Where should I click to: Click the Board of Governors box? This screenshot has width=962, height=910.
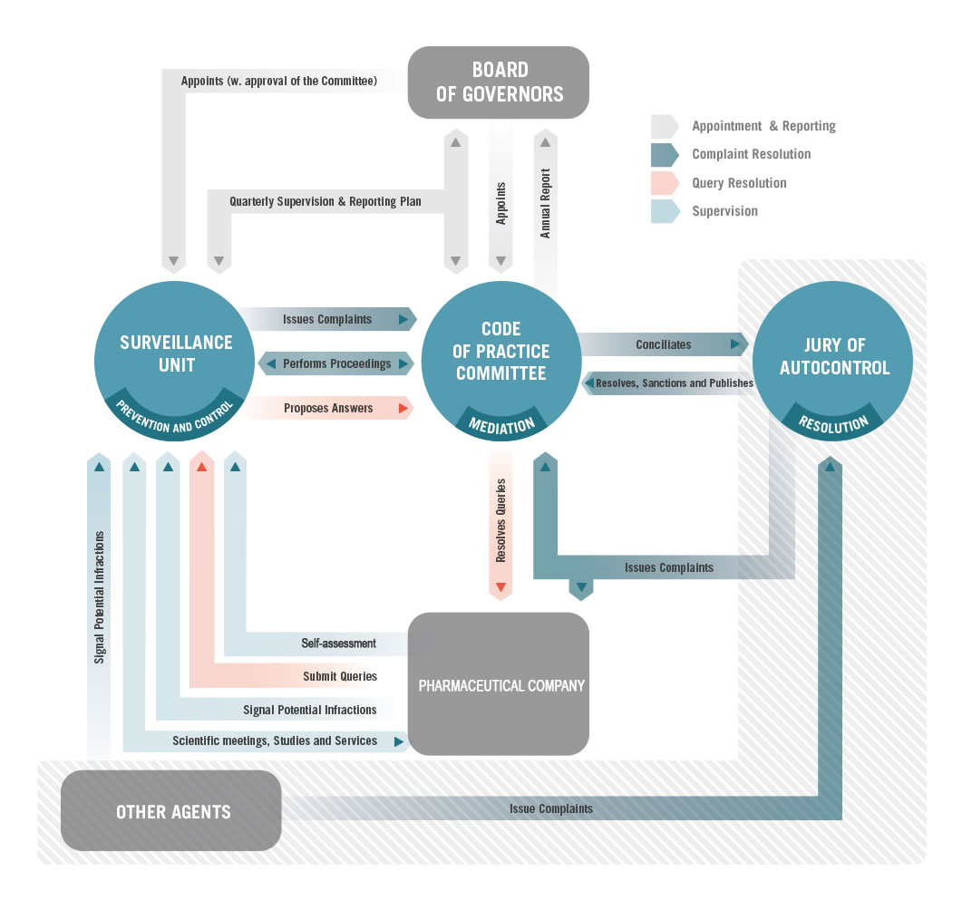pyautogui.click(x=498, y=82)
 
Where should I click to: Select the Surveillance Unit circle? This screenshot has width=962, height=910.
pyautogui.click(x=174, y=361)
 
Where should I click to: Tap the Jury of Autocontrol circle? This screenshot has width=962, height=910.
pyautogui.click(x=832, y=361)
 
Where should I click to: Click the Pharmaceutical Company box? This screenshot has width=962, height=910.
pyautogui.click(x=498, y=683)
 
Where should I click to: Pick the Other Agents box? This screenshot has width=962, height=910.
pyautogui.click(x=171, y=810)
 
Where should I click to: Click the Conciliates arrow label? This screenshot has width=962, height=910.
pyautogui.click(x=663, y=344)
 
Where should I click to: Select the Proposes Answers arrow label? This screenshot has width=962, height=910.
pyautogui.click(x=328, y=409)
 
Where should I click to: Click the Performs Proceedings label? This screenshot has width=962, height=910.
pyautogui.click(x=336, y=363)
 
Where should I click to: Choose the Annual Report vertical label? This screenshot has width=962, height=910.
pyautogui.click(x=545, y=204)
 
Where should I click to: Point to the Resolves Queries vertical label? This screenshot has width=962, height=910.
pyautogui.click(x=500, y=520)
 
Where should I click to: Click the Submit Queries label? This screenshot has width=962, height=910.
pyautogui.click(x=340, y=676)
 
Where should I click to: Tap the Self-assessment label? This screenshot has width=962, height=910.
pyautogui.click(x=339, y=644)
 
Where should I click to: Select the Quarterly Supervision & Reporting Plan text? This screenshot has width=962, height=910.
pyautogui.click(x=326, y=201)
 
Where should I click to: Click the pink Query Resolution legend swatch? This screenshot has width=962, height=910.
pyautogui.click(x=665, y=183)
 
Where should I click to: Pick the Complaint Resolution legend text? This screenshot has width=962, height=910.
pyautogui.click(x=752, y=154)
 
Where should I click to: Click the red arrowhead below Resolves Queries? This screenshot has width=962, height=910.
pyautogui.click(x=500, y=586)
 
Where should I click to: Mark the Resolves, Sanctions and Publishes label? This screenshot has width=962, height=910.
pyautogui.click(x=675, y=383)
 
